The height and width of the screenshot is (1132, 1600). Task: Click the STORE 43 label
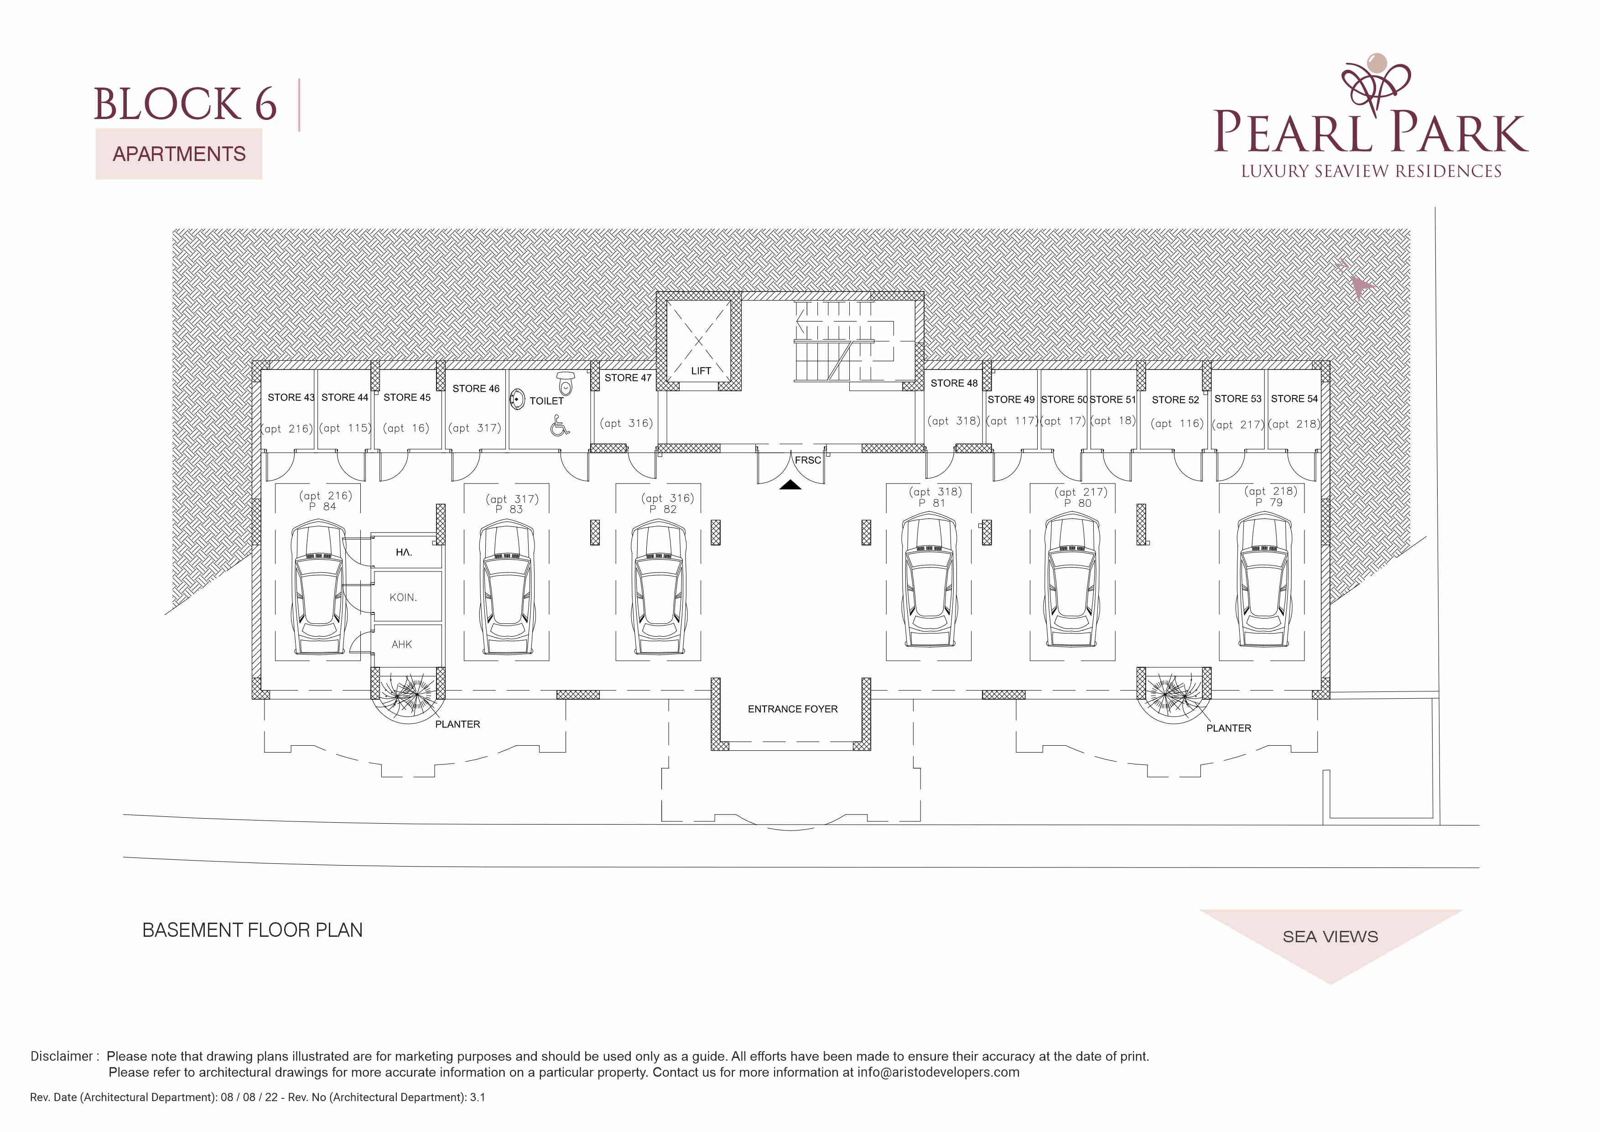pyautogui.click(x=291, y=397)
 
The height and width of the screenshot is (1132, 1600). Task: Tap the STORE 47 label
pyautogui.click(x=628, y=378)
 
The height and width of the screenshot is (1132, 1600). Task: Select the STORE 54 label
pyautogui.click(x=1294, y=399)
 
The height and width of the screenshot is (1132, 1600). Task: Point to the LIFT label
pyautogui.click(x=701, y=371)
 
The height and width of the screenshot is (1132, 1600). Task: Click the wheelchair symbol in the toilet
pyautogui.click(x=559, y=425)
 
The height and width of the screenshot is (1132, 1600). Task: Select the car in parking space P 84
pyautogui.click(x=318, y=588)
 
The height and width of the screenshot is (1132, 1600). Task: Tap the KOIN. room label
pyautogui.click(x=403, y=597)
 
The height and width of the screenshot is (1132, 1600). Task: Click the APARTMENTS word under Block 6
pyautogui.click(x=179, y=154)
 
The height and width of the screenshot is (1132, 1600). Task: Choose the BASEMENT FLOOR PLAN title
pyautogui.click(x=252, y=930)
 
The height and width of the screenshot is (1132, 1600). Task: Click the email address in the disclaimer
pyautogui.click(x=938, y=1072)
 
